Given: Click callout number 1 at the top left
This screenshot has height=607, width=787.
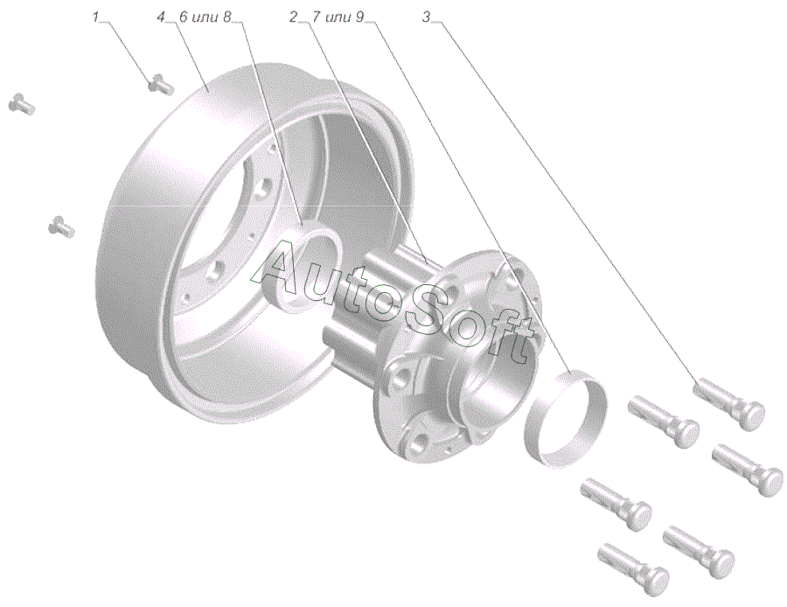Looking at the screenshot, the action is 96,17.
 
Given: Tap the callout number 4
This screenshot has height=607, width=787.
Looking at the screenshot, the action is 161,17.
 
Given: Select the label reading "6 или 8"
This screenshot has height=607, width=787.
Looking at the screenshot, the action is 205,17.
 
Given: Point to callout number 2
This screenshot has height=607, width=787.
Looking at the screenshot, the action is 293,17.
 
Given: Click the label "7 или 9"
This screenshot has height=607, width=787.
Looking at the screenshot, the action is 337,17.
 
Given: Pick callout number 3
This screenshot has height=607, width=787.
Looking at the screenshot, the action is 426,17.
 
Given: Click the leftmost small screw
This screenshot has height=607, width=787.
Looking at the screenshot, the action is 22,104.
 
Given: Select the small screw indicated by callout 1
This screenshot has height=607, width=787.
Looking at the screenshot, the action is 161,84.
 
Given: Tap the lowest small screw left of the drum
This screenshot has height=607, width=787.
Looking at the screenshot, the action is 61,226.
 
